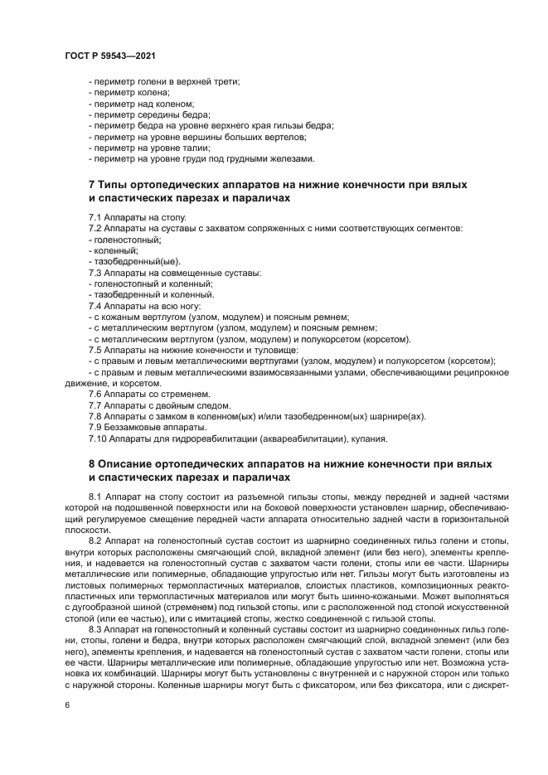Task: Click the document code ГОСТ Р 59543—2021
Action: [111, 55]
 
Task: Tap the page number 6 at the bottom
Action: [67, 705]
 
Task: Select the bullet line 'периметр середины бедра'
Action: [150, 115]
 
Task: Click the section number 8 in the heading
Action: [92, 462]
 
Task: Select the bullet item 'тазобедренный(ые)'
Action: [128, 261]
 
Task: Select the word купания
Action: [368, 438]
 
